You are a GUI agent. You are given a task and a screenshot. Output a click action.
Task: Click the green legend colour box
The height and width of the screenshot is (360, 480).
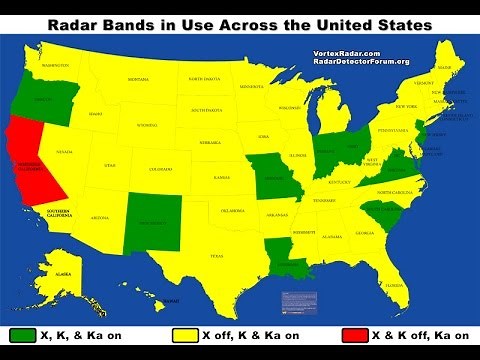23,334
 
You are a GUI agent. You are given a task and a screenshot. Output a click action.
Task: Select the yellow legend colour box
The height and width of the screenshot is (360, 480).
186,334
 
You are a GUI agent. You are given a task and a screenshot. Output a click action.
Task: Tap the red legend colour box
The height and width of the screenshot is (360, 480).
356,334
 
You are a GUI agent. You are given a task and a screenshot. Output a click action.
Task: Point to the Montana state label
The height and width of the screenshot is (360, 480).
138,79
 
